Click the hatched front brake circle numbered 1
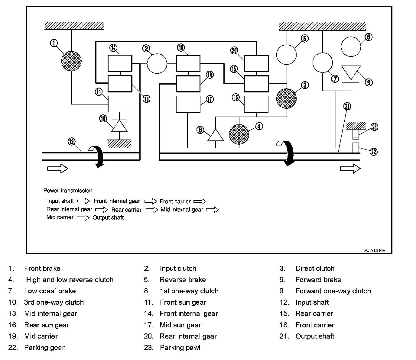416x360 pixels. (71, 61)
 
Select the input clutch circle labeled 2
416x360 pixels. (157, 64)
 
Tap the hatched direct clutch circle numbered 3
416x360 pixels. (287, 98)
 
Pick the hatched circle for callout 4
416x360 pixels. (239, 133)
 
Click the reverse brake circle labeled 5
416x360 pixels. (287, 55)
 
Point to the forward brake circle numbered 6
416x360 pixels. (351, 47)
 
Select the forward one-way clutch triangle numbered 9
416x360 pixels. (351, 73)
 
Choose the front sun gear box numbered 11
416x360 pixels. (120, 104)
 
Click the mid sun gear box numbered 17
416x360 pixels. (188, 104)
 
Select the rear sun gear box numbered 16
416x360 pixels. (256, 104)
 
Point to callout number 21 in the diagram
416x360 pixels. (347, 106)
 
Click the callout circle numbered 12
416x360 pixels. (71, 141)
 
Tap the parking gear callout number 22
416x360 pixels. (374, 152)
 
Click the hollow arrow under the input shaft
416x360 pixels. (57, 168)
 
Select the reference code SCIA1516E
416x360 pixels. (374, 250)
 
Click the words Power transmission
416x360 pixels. (68, 191)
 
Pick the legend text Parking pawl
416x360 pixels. (180, 348)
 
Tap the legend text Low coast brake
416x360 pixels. (50, 291)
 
